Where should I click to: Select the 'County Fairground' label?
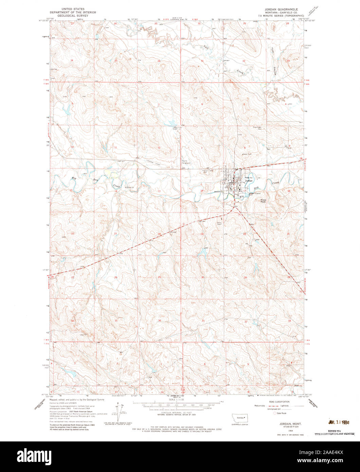(186, 162)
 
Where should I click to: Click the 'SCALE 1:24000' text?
(176, 400)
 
